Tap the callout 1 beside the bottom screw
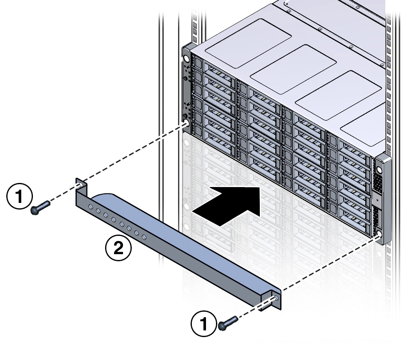[x=203, y=324]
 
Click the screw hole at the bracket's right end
[x=276, y=298]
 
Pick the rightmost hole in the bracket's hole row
[x=144, y=237]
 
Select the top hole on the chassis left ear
[x=186, y=54]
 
